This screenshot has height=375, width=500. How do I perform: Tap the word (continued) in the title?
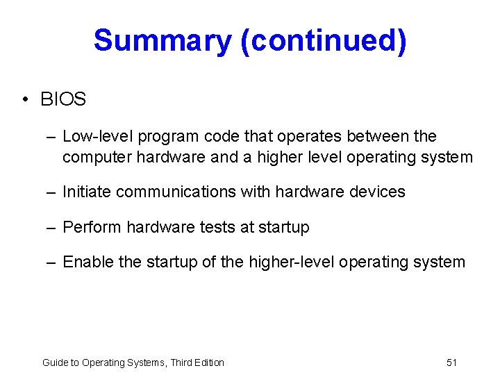(323, 41)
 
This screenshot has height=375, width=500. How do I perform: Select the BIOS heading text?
(63, 99)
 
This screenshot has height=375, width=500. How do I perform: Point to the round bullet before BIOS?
(25, 100)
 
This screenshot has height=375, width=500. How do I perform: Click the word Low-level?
(91, 136)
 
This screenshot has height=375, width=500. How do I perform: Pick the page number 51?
(451, 362)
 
